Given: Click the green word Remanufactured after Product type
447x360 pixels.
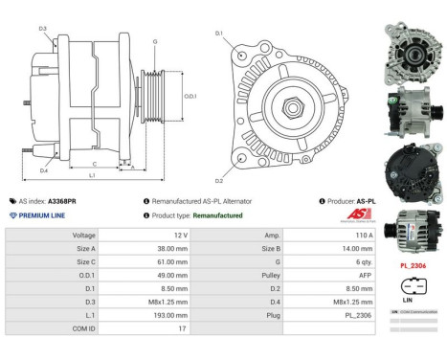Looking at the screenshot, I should tap(218, 215).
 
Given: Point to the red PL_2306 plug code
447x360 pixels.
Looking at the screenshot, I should tap(413, 265).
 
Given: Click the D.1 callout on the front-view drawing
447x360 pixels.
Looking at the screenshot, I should tap(219, 34).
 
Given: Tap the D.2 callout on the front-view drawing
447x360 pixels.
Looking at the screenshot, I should tap(219, 179).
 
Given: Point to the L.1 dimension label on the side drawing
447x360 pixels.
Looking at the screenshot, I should tap(91, 175).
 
